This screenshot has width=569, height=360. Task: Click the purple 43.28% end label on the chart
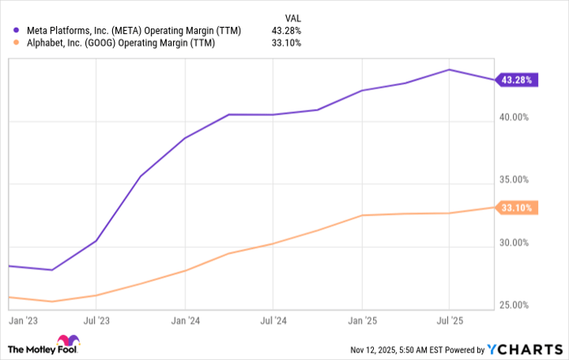coord(516,80)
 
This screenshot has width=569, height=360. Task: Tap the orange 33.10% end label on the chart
coord(516,207)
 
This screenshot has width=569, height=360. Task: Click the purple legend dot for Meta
coord(7,29)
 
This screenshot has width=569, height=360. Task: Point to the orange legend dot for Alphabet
coord(7,43)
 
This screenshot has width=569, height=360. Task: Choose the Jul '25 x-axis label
coord(450,320)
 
